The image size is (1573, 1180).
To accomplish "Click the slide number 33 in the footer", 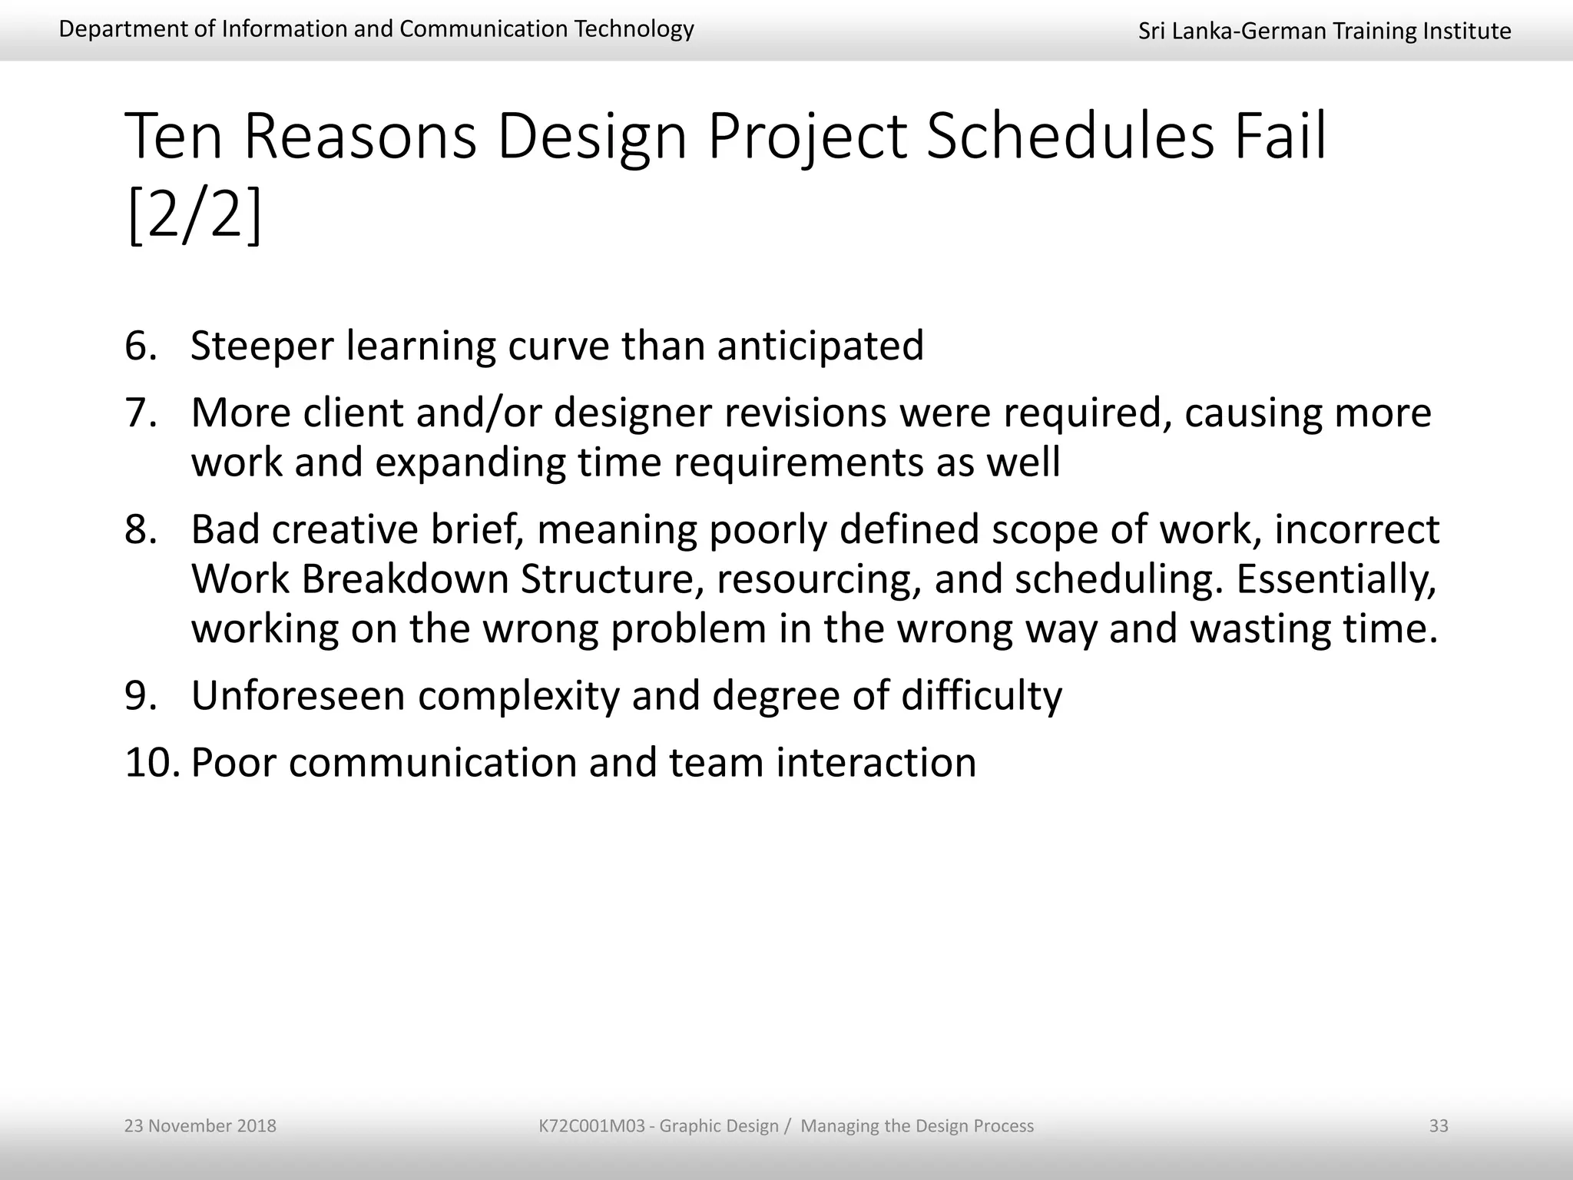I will click(1438, 1125).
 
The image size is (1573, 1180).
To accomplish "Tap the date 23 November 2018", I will click(200, 1125).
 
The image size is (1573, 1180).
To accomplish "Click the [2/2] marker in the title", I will click(194, 217).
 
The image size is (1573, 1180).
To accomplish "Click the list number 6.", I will click(141, 346).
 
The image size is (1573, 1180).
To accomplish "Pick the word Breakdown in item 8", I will click(405, 578).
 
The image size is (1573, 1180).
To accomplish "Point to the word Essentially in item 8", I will click(1336, 578).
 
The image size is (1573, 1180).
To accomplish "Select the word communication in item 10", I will click(432, 762).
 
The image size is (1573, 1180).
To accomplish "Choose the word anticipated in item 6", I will click(820, 346).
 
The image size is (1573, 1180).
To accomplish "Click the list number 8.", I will click(141, 529).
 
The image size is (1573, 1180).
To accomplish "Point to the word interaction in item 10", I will click(876, 762).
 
